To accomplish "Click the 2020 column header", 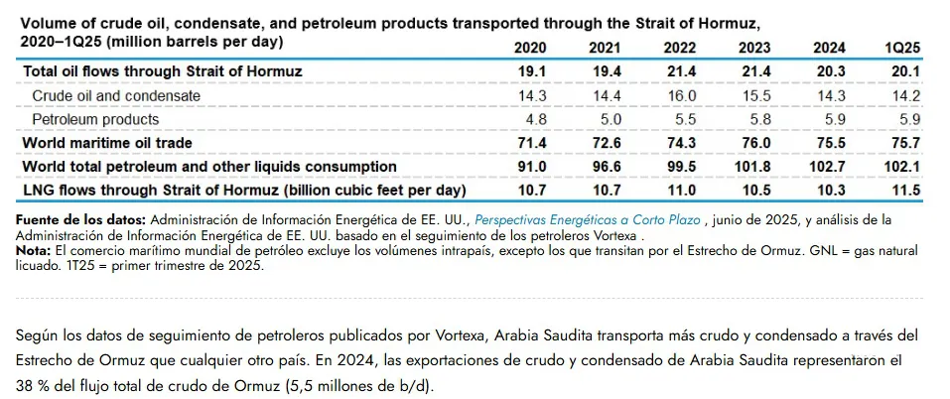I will tap(532, 48).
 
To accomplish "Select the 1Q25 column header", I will tap(904, 48).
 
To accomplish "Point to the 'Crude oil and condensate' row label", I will tap(116, 95).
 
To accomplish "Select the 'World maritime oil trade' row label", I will tap(107, 143).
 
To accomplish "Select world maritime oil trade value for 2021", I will tap(609, 143).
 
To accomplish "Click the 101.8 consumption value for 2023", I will tap(754, 166).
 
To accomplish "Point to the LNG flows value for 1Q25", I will tap(905, 189).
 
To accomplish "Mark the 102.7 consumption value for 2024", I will tap(828, 166).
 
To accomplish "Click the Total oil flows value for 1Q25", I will tap(905, 71).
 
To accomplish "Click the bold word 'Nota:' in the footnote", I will tap(35, 251).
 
